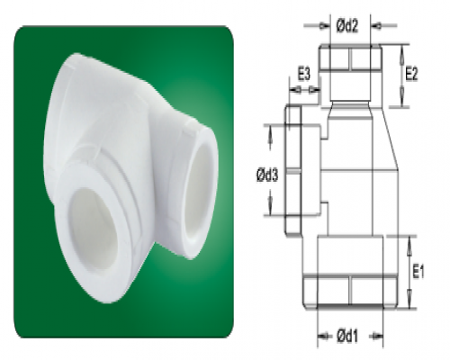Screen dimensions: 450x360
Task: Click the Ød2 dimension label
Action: click(x=347, y=27)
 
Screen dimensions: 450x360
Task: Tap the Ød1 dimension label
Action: click(x=347, y=337)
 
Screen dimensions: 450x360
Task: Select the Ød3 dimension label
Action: click(x=267, y=175)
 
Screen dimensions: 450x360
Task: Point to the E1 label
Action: click(x=418, y=273)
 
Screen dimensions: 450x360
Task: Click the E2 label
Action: click(x=411, y=74)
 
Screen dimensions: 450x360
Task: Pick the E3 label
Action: click(x=303, y=74)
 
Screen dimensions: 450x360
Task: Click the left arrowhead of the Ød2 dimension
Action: click(x=323, y=26)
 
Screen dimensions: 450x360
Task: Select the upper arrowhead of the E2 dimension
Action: click(x=402, y=54)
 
